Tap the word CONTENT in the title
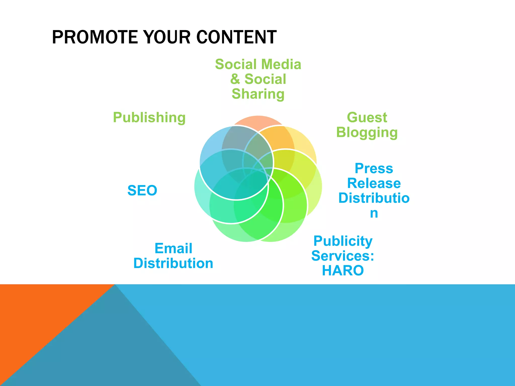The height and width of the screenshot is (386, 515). click(x=236, y=37)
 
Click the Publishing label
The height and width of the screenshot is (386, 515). click(x=149, y=118)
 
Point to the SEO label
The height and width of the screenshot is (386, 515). click(x=142, y=190)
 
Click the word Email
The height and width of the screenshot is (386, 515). click(x=173, y=248)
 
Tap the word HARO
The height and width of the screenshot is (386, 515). click(x=343, y=271)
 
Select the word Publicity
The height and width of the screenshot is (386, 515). click(x=343, y=241)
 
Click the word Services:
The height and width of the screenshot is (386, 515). click(x=343, y=256)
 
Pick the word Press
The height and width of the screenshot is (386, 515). click(x=374, y=168)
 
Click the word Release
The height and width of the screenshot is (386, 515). click(x=374, y=183)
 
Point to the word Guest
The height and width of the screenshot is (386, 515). click(x=367, y=117)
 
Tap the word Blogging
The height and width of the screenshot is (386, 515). click(x=367, y=132)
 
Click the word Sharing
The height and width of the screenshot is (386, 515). click(x=258, y=94)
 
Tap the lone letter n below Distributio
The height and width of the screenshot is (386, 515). click(x=374, y=213)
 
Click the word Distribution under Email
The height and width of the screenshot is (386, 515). click(x=173, y=263)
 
